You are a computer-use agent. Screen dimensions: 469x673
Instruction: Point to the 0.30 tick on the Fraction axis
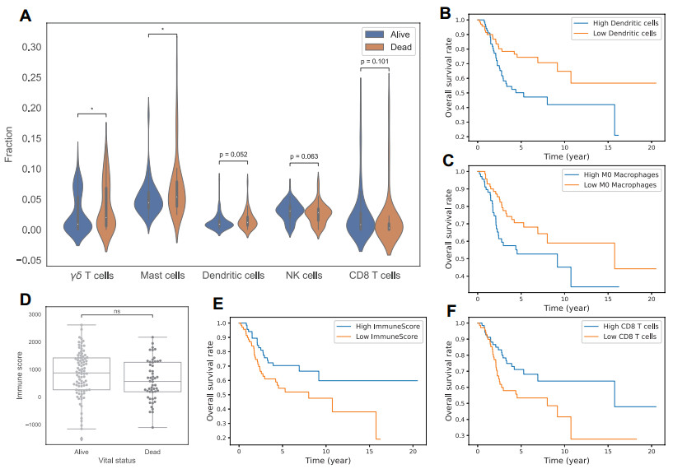(x=30, y=47)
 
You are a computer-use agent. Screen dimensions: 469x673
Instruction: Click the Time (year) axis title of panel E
(x=328, y=461)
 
